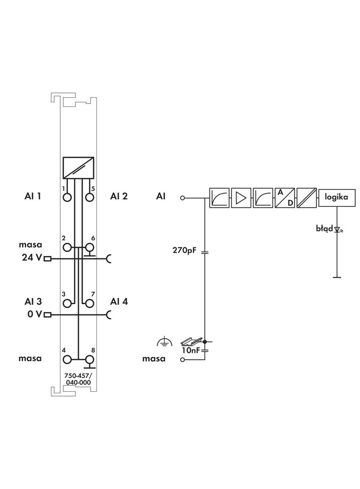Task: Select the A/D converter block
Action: click(285, 198)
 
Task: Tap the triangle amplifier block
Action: click(241, 198)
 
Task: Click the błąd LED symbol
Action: click(337, 229)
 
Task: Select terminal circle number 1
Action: click(67, 197)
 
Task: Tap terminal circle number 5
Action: click(90, 197)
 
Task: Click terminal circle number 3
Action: click(67, 303)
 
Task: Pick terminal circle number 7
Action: click(90, 303)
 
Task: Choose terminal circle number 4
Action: click(67, 360)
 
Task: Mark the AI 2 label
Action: click(119, 196)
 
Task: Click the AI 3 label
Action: click(33, 301)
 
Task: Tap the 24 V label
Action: click(31, 258)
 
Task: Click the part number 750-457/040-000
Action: click(78, 379)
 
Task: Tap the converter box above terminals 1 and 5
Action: click(79, 168)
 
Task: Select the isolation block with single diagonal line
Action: click(306, 198)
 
